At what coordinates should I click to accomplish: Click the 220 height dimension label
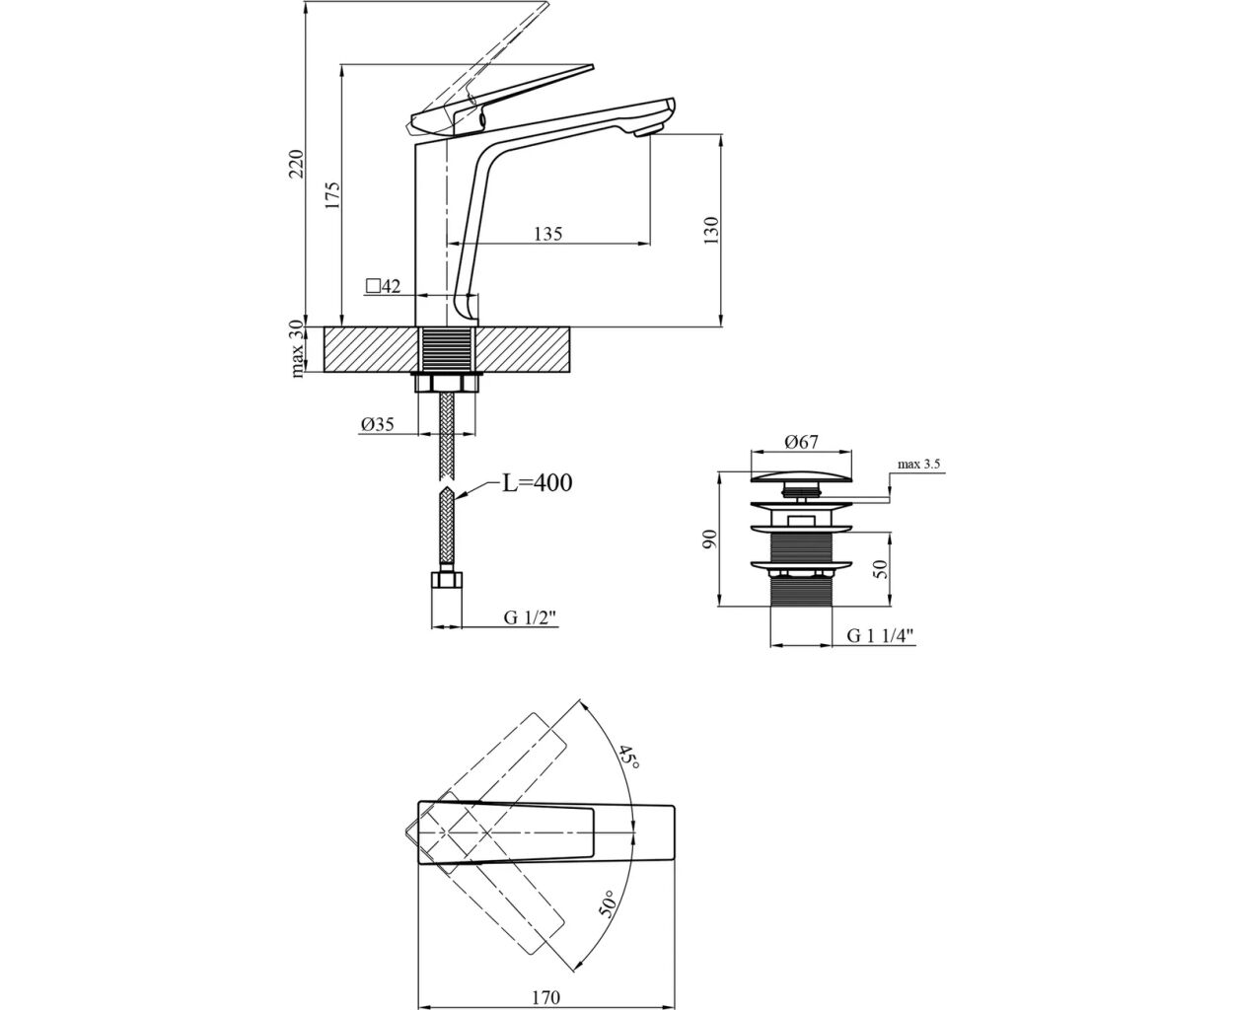pyautogui.click(x=298, y=164)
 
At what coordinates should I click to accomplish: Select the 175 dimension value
pyautogui.click(x=332, y=195)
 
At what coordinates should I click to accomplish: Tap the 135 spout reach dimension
pyautogui.click(x=548, y=234)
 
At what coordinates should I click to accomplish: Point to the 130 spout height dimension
pyautogui.click(x=710, y=231)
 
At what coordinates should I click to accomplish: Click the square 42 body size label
pyautogui.click(x=383, y=286)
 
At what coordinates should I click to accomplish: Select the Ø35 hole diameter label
pyautogui.click(x=378, y=424)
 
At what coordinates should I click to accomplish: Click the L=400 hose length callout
pyautogui.click(x=538, y=483)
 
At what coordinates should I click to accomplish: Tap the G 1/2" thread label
pyautogui.click(x=530, y=617)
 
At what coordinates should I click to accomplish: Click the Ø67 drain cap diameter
pyautogui.click(x=801, y=442)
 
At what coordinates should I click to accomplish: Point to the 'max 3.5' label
pyautogui.click(x=918, y=465)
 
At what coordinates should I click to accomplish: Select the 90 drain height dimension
pyautogui.click(x=709, y=539)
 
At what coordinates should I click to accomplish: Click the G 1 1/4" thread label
pyautogui.click(x=881, y=636)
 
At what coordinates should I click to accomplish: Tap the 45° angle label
pyautogui.click(x=629, y=758)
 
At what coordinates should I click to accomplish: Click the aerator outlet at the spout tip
pyautogui.click(x=649, y=131)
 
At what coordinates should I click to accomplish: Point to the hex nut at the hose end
pyautogui.click(x=446, y=580)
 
